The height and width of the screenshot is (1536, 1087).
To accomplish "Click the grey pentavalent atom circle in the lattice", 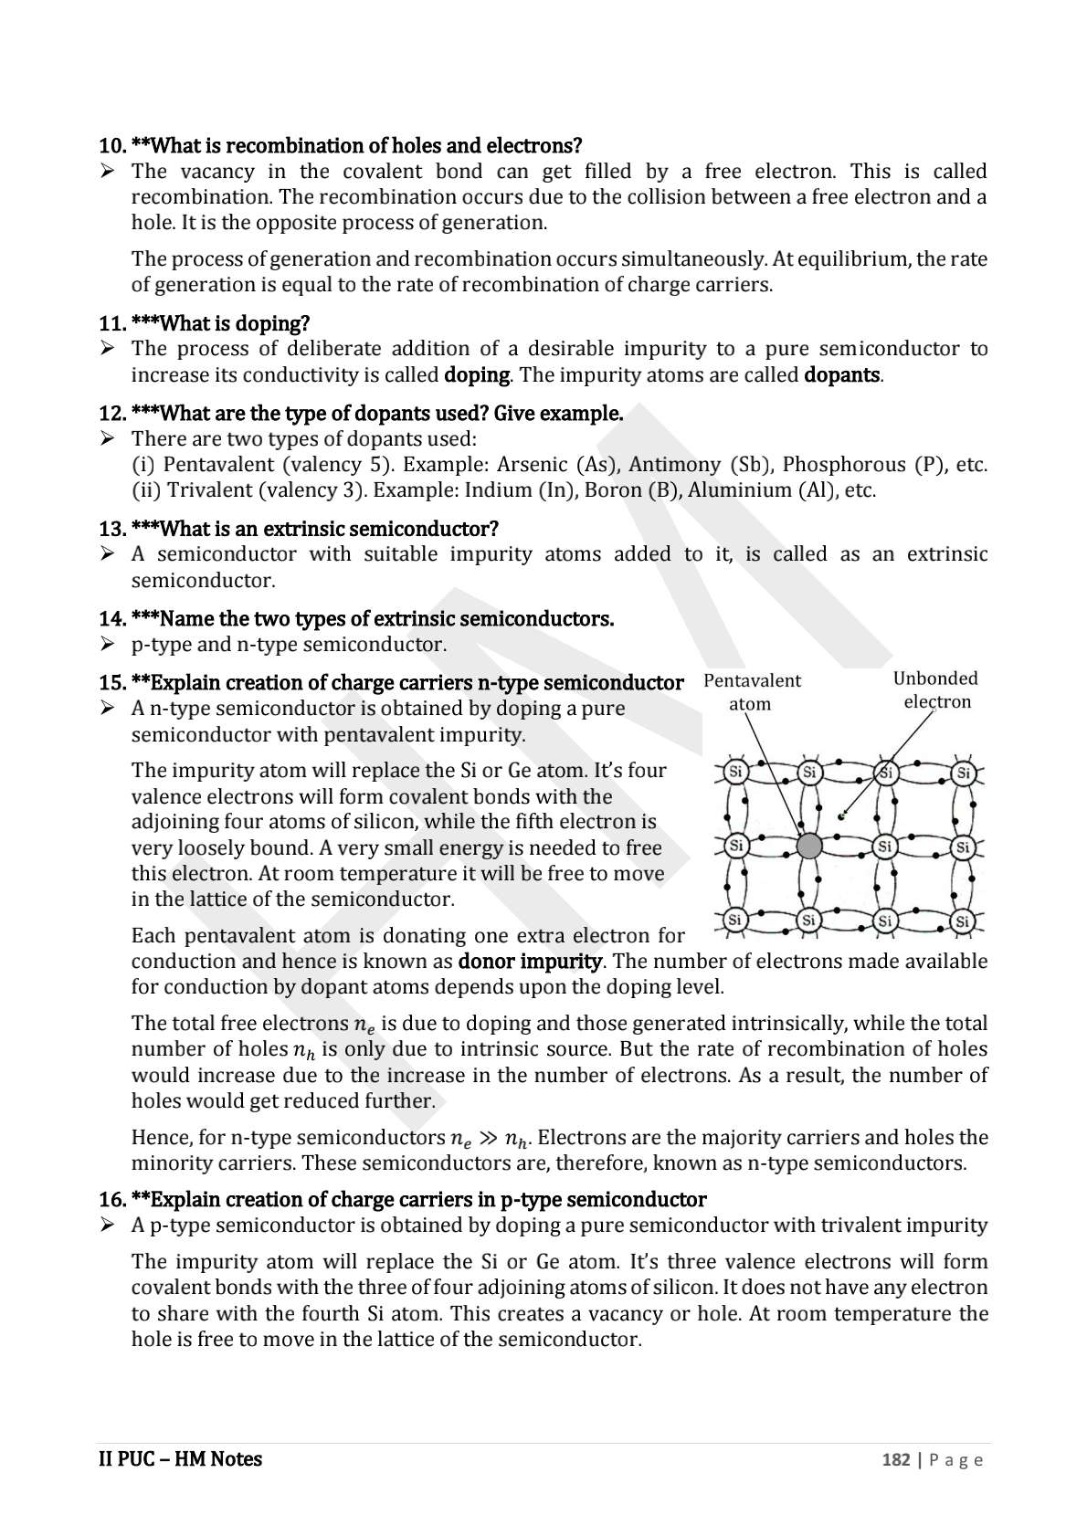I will (809, 847).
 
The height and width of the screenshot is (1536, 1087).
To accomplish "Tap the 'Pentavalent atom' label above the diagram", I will (752, 692).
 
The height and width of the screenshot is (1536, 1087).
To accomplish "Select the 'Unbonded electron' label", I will (935, 690).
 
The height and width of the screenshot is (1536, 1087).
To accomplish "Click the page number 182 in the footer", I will (895, 1459).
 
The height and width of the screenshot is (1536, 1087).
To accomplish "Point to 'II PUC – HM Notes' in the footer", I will (180, 1459).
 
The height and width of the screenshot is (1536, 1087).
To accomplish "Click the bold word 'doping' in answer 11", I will (476, 375).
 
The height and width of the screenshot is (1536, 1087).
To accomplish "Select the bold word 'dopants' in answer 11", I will (841, 375).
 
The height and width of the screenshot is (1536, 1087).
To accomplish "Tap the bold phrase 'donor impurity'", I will (529, 962).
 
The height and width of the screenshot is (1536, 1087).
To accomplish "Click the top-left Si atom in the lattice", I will (735, 773).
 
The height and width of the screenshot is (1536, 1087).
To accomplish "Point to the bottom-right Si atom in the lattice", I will (961, 921).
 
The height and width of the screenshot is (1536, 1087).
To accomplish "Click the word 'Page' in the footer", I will (956, 1460).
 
